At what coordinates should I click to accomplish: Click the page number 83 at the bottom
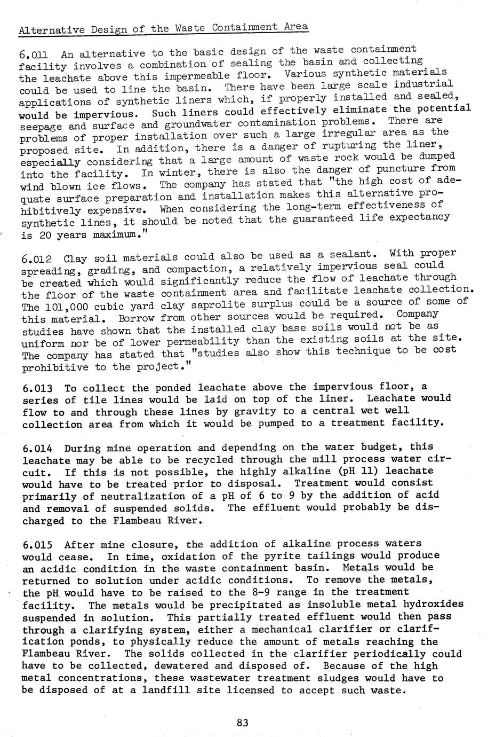[x=243, y=723]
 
